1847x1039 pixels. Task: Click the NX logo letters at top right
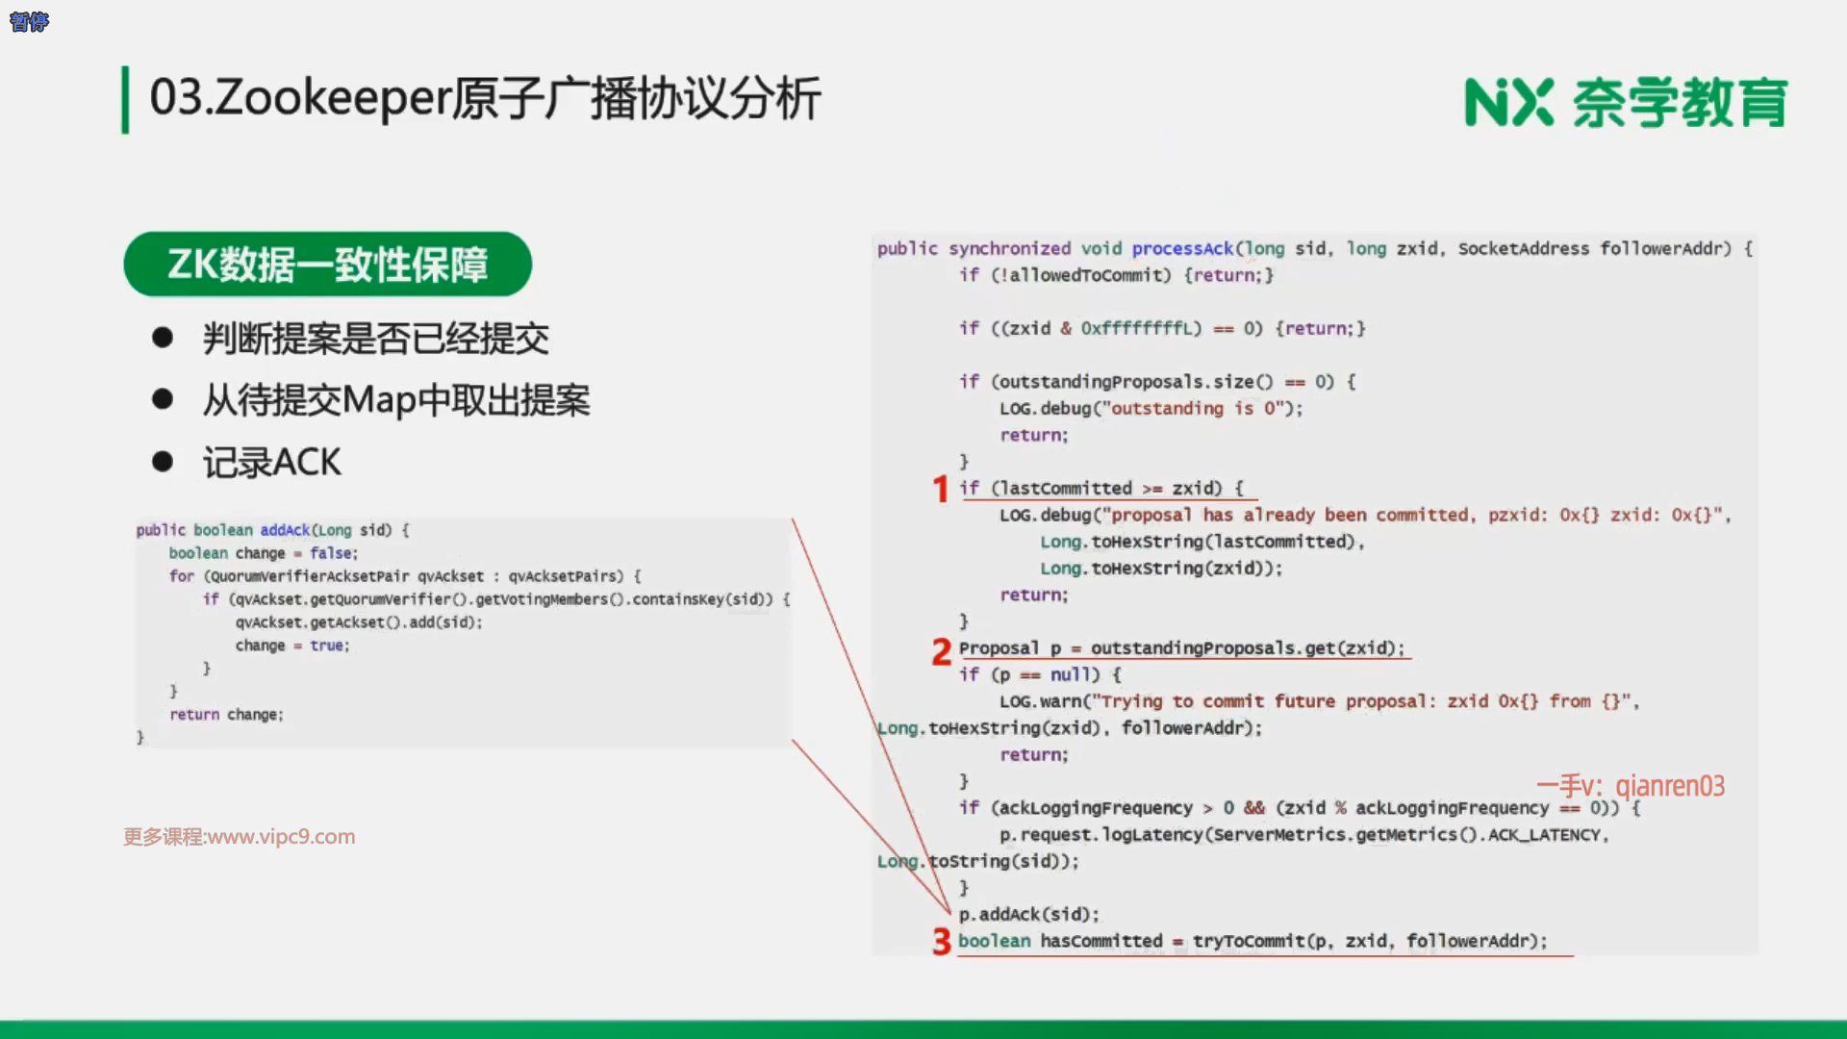point(1508,103)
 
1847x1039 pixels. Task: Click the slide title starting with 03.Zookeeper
point(485,98)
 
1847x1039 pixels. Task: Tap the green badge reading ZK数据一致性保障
point(327,264)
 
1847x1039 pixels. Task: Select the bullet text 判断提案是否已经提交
point(375,339)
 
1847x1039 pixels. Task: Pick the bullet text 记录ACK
point(271,463)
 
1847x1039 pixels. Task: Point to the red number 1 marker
point(941,489)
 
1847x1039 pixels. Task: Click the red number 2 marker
point(941,652)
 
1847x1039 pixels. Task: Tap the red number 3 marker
point(941,941)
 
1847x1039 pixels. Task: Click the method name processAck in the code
point(1182,248)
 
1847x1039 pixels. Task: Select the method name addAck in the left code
point(285,530)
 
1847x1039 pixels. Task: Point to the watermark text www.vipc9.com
point(282,837)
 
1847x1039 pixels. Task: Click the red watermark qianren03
point(1670,786)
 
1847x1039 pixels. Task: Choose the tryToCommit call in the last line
point(1249,941)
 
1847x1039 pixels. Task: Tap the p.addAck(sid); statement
point(1028,914)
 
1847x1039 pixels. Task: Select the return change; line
point(226,715)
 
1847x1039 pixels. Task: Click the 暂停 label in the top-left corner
point(29,22)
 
